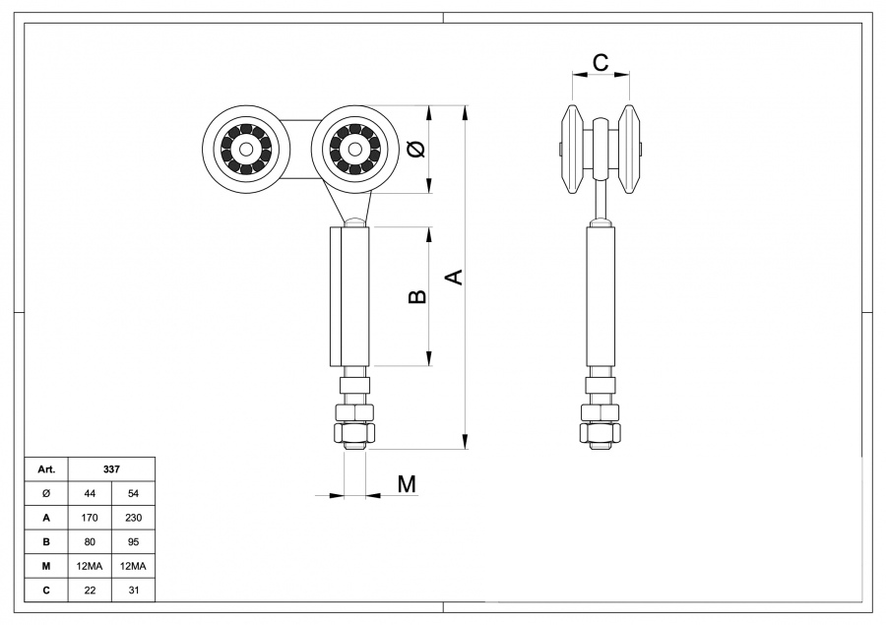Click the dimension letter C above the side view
click(601, 62)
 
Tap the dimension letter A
click(454, 278)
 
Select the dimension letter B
click(417, 296)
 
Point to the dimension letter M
click(407, 483)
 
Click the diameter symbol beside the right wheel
click(416, 150)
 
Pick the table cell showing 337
click(111, 469)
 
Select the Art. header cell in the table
click(46, 469)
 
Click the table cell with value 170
click(91, 517)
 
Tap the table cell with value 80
click(91, 541)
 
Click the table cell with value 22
click(91, 590)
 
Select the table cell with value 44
click(91, 493)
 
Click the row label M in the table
click(46, 565)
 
